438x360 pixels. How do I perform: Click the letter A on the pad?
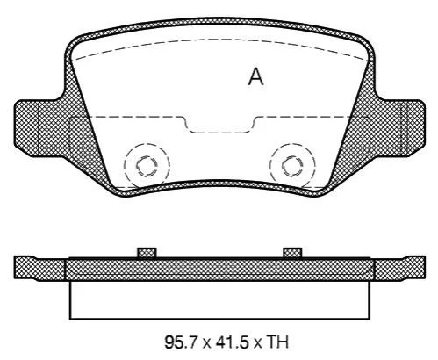tap(255, 76)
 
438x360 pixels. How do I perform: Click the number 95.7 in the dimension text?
tap(182, 342)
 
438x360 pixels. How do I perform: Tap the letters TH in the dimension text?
tap(276, 342)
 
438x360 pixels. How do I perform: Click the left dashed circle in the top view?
tap(124, 166)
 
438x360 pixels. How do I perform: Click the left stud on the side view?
tap(147, 253)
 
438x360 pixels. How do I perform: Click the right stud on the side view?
tap(292, 253)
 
